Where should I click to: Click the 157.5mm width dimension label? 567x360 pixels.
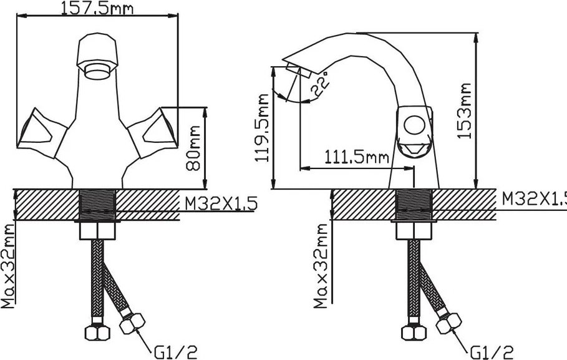(97, 8)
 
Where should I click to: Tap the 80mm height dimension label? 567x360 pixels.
(193, 148)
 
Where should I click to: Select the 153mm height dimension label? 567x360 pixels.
(464, 110)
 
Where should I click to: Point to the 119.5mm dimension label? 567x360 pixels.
(262, 128)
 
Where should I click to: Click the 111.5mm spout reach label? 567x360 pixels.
(357, 157)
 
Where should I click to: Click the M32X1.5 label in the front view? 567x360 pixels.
(221, 203)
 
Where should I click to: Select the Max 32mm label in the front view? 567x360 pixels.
(7, 266)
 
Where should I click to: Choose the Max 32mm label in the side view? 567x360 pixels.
(321, 266)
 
